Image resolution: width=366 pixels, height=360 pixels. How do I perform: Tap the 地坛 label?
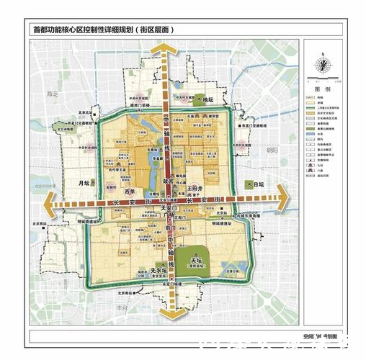tap(208, 99)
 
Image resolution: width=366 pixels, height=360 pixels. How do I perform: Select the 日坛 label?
tap(259, 185)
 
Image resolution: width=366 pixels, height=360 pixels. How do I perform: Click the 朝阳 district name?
tap(271, 150)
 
